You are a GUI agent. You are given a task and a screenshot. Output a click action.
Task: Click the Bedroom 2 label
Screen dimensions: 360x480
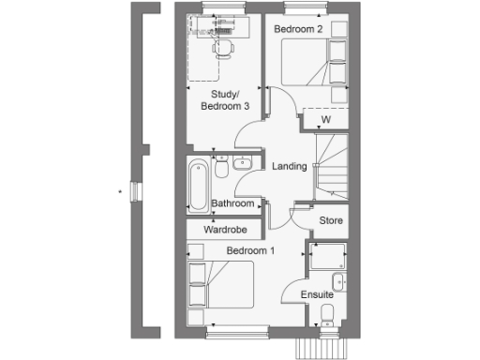click(x=298, y=29)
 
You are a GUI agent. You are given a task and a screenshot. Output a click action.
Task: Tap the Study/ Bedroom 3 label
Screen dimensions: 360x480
click(x=225, y=100)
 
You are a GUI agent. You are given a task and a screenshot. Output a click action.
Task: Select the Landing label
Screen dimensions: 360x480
click(x=289, y=167)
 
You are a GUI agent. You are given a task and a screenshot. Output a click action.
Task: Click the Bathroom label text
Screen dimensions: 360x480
click(x=232, y=203)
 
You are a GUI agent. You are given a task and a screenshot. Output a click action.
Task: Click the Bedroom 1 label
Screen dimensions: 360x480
click(x=250, y=250)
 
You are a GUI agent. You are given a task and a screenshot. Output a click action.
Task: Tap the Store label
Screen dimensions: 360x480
click(x=332, y=221)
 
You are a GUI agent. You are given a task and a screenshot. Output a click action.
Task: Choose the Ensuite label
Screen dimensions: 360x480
click(x=318, y=295)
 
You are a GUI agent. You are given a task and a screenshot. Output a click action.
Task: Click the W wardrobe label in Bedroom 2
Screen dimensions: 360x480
click(x=326, y=120)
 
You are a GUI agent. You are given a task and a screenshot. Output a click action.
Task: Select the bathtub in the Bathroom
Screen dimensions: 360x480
click(x=199, y=186)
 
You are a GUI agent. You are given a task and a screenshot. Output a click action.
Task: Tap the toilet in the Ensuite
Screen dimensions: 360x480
click(x=326, y=313)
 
